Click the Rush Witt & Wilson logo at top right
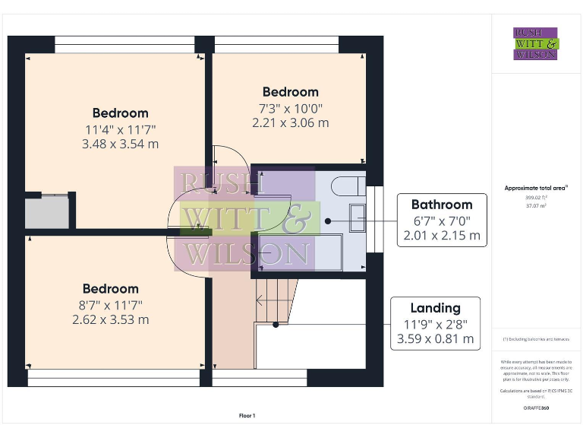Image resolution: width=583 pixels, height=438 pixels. pyautogui.click(x=536, y=43)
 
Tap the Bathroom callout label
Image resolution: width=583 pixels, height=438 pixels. pyautogui.click(x=441, y=205)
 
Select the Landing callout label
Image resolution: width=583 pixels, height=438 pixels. pyautogui.click(x=435, y=308)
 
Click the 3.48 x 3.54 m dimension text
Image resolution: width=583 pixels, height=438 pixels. pyautogui.click(x=120, y=144)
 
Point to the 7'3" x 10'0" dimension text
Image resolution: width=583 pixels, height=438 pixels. pyautogui.click(x=290, y=108)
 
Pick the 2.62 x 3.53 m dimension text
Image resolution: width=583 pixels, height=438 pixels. pyautogui.click(x=111, y=319)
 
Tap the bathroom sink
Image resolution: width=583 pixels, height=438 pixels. pyautogui.click(x=357, y=218)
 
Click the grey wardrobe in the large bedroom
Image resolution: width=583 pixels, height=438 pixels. pyautogui.click(x=48, y=212)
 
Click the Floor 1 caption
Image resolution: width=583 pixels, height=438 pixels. pyautogui.click(x=247, y=416)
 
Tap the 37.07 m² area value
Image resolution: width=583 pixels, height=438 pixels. pyautogui.click(x=536, y=205)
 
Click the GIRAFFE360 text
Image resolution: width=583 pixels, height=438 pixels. pyautogui.click(x=536, y=408)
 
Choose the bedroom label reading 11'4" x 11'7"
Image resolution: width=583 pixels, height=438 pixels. pyautogui.click(x=120, y=113)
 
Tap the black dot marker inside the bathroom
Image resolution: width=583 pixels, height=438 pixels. pyautogui.click(x=328, y=221)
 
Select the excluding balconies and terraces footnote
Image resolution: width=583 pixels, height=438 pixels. pyautogui.click(x=536, y=338)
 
